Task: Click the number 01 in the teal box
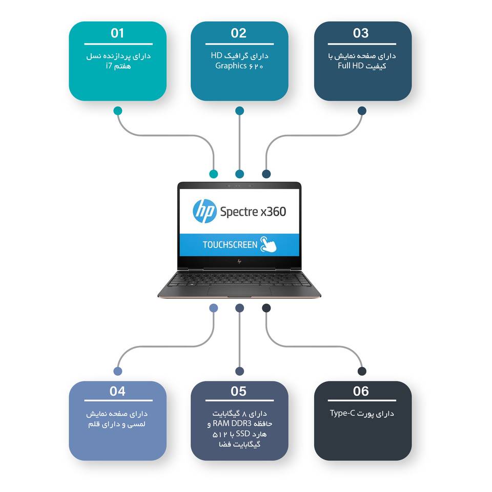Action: [x=117, y=33]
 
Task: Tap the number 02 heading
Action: [x=239, y=33]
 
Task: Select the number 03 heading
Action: [x=361, y=33]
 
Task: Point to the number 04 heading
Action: [x=117, y=392]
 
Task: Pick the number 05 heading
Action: [x=239, y=392]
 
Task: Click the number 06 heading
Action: [x=361, y=392]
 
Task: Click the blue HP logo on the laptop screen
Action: [x=204, y=211]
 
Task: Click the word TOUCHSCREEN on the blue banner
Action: [x=230, y=244]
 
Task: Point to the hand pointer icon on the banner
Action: [x=269, y=245]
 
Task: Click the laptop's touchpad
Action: [x=239, y=291]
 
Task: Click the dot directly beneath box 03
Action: [x=362, y=111]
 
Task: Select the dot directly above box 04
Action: [x=118, y=371]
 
